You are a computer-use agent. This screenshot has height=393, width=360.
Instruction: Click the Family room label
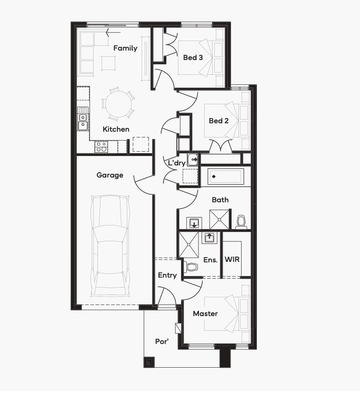click(x=125, y=48)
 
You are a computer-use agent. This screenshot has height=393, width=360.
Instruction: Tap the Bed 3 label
click(x=193, y=57)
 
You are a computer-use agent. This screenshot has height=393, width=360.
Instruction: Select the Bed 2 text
click(x=218, y=121)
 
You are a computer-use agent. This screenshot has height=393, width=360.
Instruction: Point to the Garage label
click(x=109, y=175)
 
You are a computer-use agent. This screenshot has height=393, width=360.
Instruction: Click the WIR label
click(x=232, y=259)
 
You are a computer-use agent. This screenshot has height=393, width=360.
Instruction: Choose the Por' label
click(x=162, y=341)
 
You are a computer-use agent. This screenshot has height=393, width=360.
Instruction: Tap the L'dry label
click(x=176, y=163)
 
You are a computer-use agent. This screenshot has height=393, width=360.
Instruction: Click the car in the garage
click(x=110, y=245)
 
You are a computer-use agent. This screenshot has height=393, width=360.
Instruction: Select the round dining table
click(x=118, y=104)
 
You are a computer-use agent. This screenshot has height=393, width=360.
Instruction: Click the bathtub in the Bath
click(x=226, y=176)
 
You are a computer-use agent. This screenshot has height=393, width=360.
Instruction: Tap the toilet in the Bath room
click(x=241, y=222)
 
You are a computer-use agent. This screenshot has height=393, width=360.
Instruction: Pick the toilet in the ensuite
click(x=191, y=267)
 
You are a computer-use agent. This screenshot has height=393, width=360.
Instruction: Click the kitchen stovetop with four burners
click(x=101, y=147)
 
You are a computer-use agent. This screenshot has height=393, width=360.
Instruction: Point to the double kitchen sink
click(x=83, y=119)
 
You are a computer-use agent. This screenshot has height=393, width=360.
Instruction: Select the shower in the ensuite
click(x=188, y=245)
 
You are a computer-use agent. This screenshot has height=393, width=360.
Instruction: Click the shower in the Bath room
click(x=219, y=219)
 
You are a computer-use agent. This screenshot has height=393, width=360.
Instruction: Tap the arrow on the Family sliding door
click(x=113, y=32)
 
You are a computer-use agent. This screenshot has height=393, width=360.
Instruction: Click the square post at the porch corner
click(x=149, y=362)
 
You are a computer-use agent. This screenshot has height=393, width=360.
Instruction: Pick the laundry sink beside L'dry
click(x=193, y=160)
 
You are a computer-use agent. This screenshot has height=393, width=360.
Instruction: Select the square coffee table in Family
click(x=108, y=63)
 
